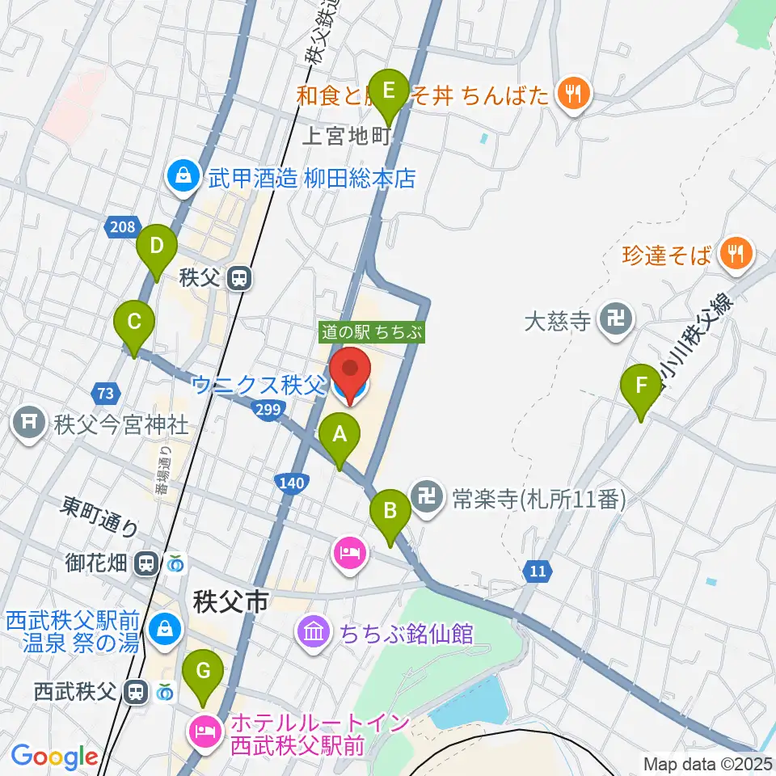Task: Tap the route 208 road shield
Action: pos(120,228)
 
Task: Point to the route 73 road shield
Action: pos(104,394)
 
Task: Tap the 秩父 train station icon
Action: pos(238,279)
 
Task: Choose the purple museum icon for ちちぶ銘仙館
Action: pos(313,630)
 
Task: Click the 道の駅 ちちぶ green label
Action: pos(372,331)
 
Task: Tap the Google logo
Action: pos(55,756)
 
